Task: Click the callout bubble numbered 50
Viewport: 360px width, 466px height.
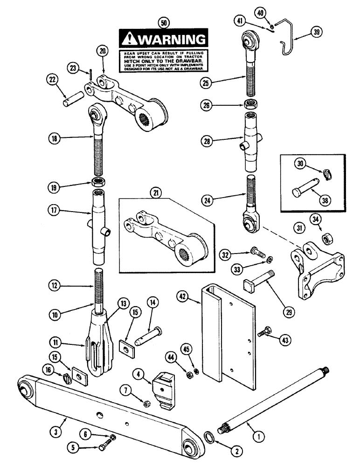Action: [163, 22]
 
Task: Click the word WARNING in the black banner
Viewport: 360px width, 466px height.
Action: [171, 38]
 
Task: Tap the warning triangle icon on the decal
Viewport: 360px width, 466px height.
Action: [128, 38]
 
